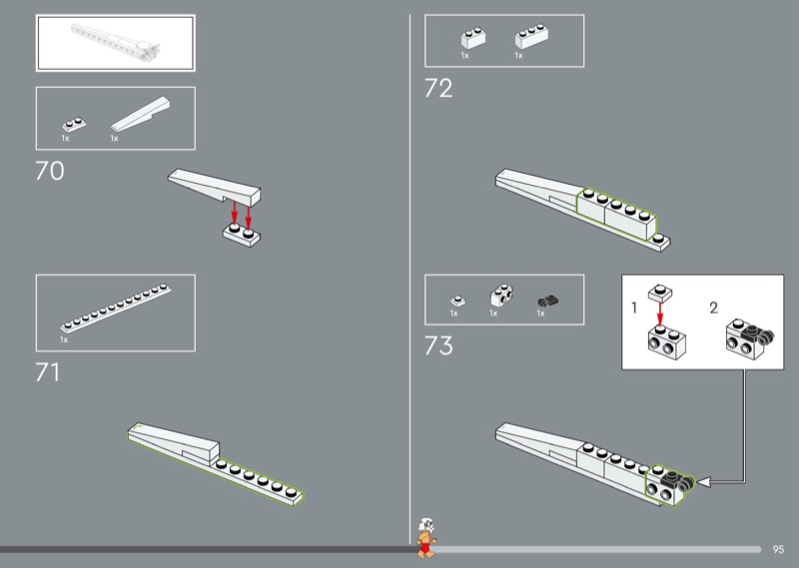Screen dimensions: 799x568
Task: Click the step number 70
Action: point(49,171)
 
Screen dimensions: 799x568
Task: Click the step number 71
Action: point(47,373)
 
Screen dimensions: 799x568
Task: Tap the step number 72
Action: point(438,89)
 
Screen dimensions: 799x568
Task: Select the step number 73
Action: point(438,346)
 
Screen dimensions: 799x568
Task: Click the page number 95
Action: point(778,550)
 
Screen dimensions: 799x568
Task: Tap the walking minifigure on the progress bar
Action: point(426,538)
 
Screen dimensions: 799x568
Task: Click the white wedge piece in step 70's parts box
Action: point(141,114)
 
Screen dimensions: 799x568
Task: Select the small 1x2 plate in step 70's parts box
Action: point(74,125)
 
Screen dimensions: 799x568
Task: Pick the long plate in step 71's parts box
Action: point(116,308)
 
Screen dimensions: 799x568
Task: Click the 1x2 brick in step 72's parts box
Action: point(473,38)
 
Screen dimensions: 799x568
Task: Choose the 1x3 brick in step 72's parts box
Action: point(531,36)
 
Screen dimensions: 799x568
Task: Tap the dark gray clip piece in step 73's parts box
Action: point(547,302)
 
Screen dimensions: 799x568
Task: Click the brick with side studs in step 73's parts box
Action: point(501,295)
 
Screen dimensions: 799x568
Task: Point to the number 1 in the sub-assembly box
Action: point(634,308)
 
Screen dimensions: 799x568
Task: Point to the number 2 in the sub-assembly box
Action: point(713,308)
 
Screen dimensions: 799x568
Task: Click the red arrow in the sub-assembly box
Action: point(660,313)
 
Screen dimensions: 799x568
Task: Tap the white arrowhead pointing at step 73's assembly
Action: point(703,481)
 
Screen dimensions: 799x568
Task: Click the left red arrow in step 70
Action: point(235,212)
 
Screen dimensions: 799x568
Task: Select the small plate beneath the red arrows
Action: point(242,235)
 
